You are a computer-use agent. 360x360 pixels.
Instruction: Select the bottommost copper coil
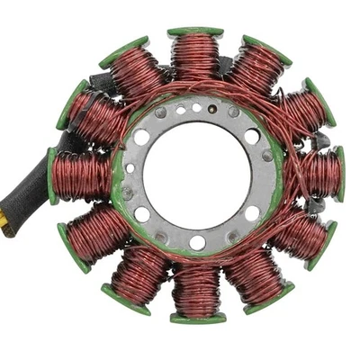196,290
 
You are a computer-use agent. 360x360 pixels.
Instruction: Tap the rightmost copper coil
319,173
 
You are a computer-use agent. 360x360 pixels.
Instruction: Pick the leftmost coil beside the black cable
81,175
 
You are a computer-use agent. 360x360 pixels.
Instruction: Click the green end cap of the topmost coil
195,32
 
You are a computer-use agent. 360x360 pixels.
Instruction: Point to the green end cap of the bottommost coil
197,317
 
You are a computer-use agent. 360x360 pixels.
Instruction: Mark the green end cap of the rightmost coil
340,173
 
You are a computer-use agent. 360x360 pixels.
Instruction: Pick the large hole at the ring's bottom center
197,241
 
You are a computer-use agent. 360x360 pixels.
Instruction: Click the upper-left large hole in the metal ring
141,138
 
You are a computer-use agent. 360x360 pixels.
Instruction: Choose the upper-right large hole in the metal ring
252,137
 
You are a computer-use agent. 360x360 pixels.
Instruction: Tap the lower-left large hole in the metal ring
142,214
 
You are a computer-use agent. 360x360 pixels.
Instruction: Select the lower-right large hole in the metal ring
252,213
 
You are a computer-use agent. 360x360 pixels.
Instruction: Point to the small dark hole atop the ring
197,108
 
